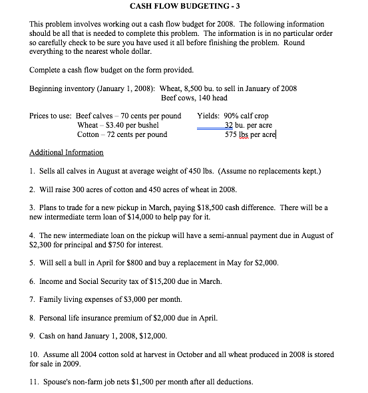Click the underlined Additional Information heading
coord(66,152)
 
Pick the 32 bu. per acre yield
coord(248,125)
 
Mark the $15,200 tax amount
coord(154,281)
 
